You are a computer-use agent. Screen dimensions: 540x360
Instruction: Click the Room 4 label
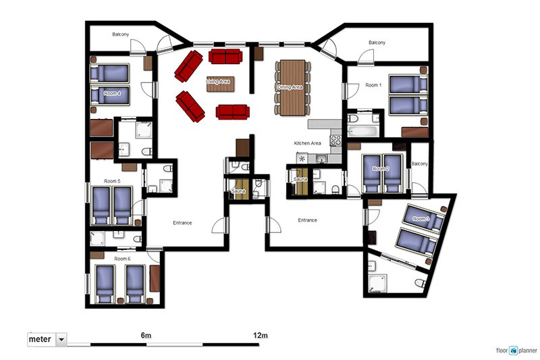tap(112, 93)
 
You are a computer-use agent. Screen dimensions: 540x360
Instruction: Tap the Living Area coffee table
tap(221, 84)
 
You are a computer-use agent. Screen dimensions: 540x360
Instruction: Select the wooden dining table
tap(292, 88)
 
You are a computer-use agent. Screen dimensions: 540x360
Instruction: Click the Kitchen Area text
tap(308, 143)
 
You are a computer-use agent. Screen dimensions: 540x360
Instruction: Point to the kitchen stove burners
tap(335, 140)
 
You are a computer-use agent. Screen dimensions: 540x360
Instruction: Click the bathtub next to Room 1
tap(363, 131)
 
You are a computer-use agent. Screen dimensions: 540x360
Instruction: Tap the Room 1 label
tap(373, 84)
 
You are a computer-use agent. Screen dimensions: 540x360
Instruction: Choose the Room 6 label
tap(122, 259)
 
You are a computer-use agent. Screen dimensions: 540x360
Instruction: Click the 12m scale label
tap(261, 335)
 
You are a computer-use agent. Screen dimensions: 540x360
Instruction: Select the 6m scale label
tap(146, 335)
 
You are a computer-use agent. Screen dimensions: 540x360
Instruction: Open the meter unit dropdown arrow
tap(61, 339)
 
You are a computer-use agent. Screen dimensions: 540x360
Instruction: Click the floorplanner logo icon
tap(514, 351)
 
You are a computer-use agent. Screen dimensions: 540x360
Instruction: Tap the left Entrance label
tap(182, 223)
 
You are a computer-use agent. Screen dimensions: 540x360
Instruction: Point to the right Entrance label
tap(308, 220)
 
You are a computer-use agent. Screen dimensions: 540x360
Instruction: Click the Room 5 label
tap(112, 181)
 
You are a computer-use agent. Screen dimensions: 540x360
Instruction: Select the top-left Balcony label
tap(121, 34)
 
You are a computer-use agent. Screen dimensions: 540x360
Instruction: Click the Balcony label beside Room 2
tap(419, 163)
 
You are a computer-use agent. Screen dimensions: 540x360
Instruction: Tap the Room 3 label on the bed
tap(421, 219)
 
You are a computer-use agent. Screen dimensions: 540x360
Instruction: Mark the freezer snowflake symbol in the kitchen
tap(302, 159)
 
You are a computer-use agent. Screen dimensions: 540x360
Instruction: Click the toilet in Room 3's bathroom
tap(420, 283)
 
